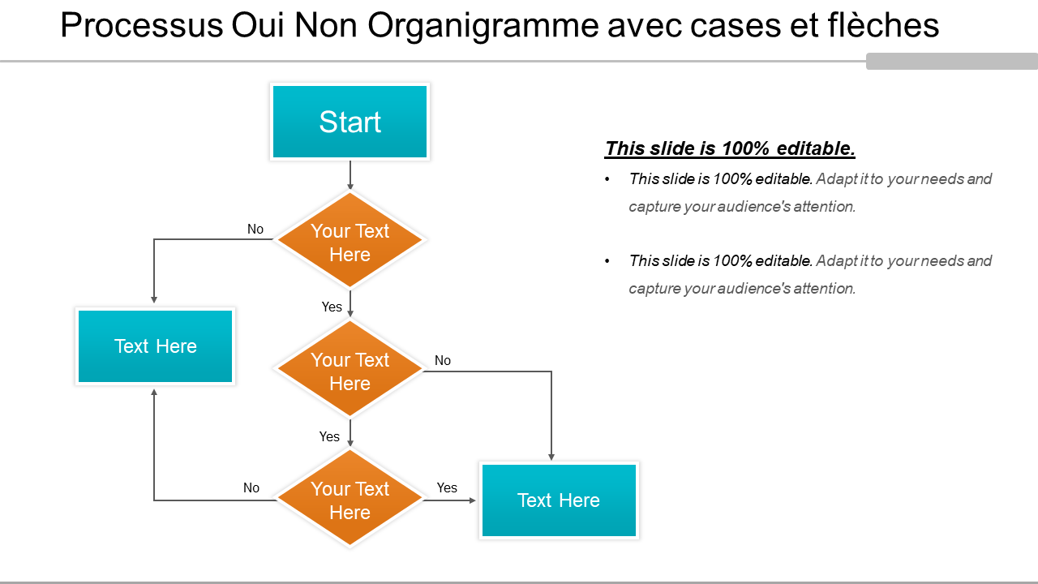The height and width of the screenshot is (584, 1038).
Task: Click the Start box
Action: [x=350, y=122]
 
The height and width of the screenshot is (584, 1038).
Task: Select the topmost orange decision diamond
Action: [x=350, y=239]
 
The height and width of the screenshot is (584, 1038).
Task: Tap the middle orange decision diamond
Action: [x=350, y=368]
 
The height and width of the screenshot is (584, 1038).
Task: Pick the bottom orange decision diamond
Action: [x=350, y=497]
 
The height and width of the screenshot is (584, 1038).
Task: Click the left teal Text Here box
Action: [x=155, y=346]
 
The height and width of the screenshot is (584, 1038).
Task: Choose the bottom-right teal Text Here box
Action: [x=559, y=500]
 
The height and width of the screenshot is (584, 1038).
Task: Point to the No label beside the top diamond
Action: [x=255, y=229]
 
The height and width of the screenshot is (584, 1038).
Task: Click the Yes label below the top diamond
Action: [x=332, y=307]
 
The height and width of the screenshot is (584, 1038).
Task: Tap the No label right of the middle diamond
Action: [x=443, y=361]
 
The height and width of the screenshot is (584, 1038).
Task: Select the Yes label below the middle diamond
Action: [x=329, y=436]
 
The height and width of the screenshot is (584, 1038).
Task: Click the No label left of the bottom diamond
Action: [x=251, y=487]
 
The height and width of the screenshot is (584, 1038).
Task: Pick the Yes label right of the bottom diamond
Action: [x=447, y=487]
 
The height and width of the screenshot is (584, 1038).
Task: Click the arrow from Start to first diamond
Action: [x=350, y=175]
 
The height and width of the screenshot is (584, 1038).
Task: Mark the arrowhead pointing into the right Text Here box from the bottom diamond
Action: [x=473, y=500]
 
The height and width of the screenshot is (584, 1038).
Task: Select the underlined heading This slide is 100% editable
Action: [x=730, y=148]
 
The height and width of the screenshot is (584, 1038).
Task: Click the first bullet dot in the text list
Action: [x=607, y=179]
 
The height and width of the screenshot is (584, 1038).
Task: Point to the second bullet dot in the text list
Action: [x=607, y=261]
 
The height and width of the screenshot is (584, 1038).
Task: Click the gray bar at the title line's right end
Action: [x=952, y=61]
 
